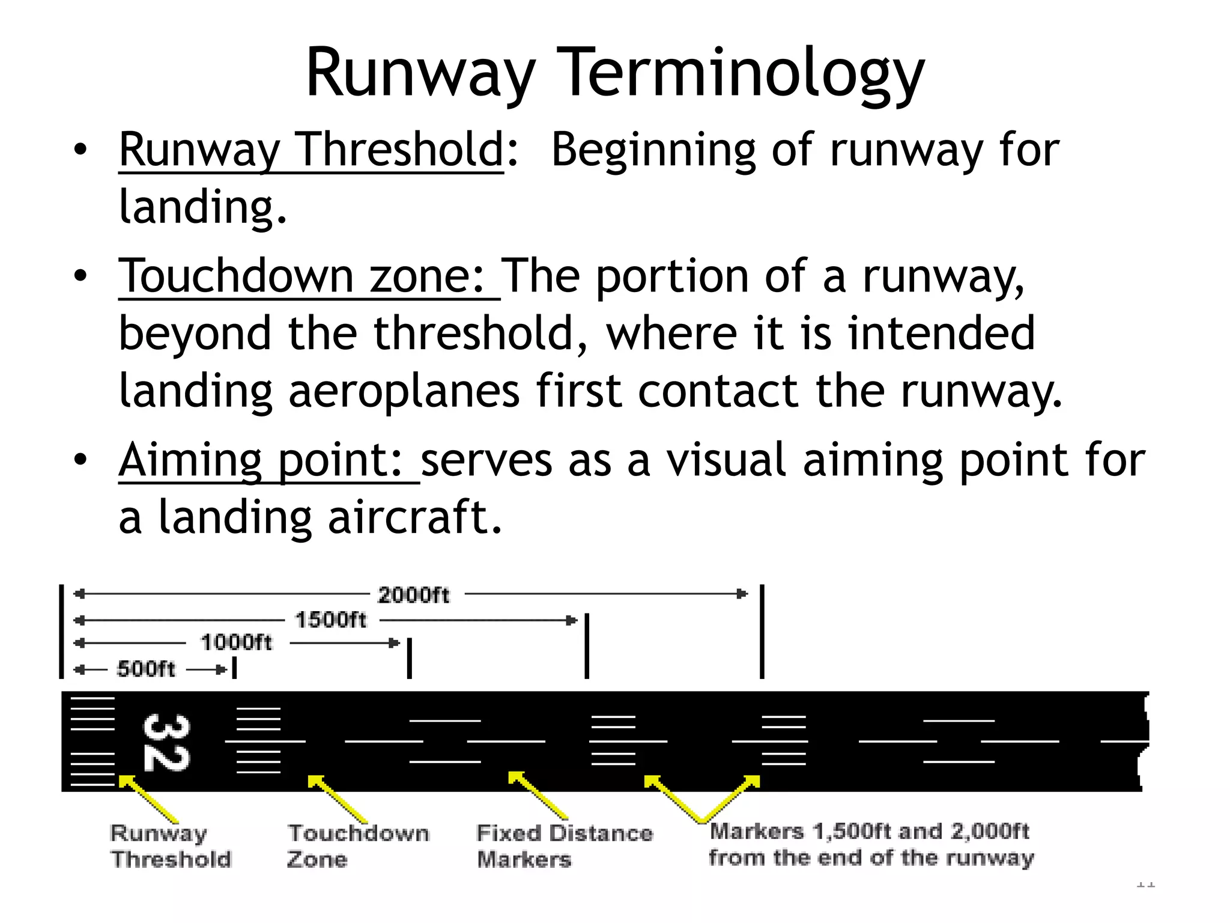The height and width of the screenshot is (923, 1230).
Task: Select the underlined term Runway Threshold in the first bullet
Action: pos(311,150)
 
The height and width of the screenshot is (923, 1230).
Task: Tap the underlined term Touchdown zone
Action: pos(300,276)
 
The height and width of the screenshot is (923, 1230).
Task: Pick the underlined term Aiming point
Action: pos(261,460)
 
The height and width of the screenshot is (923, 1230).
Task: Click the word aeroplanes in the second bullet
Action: pos(404,391)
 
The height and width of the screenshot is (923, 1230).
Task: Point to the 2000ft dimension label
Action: pos(413,595)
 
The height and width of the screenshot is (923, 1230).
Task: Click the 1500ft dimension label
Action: pos(330,620)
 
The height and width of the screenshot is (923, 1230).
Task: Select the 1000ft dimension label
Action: pos(236,642)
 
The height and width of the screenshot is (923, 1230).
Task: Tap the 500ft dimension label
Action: pos(146,669)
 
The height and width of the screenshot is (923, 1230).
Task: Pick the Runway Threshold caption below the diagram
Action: pos(170,846)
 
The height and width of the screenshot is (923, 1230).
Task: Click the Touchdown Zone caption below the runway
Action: pos(358,846)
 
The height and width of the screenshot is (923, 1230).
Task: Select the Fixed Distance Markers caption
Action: pos(563,846)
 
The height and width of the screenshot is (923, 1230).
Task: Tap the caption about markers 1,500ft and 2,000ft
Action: pos(870,844)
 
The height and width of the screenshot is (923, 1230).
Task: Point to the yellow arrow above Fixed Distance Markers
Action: pos(538,796)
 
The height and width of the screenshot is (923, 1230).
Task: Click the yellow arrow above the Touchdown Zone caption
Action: pos(337,799)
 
